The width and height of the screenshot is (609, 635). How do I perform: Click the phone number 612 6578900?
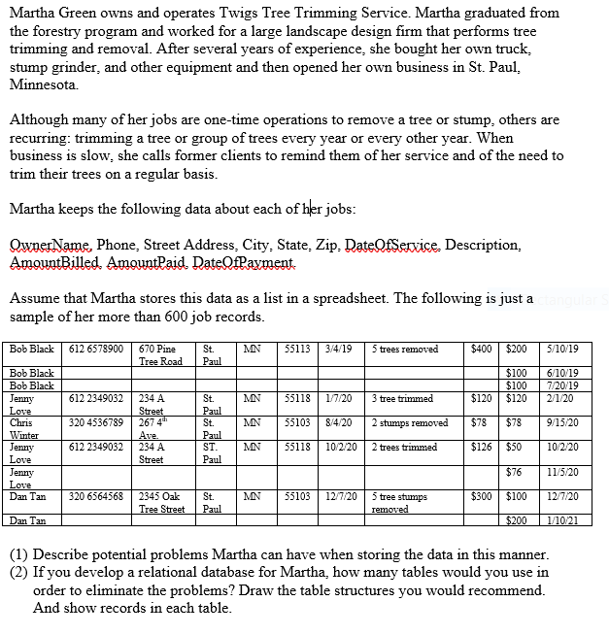click(97, 349)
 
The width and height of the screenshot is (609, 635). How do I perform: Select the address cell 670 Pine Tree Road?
click(159, 354)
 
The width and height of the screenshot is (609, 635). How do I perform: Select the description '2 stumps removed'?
click(409, 422)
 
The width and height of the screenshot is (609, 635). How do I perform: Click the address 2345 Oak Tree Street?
click(159, 502)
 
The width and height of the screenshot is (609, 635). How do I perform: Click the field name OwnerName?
click(48, 244)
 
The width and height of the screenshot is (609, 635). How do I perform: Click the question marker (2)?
click(19, 573)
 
